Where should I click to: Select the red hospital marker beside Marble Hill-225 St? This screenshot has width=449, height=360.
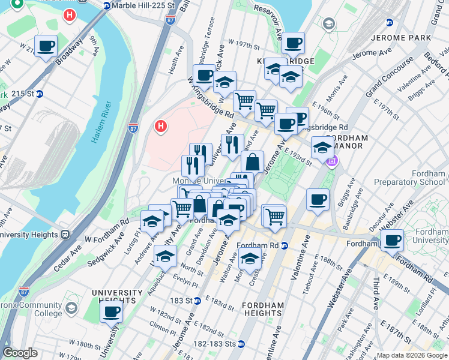pos(70,15)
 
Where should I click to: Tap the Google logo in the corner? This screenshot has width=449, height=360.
pos(20,353)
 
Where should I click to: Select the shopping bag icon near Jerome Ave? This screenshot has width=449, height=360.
pos(253,162)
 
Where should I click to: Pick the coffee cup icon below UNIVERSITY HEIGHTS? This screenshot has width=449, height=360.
pos(111,312)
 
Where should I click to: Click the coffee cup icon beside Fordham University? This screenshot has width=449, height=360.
pos(393,241)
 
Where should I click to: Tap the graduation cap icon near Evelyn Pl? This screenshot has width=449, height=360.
pos(164,257)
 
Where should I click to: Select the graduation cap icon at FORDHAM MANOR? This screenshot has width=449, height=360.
pos(322,148)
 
